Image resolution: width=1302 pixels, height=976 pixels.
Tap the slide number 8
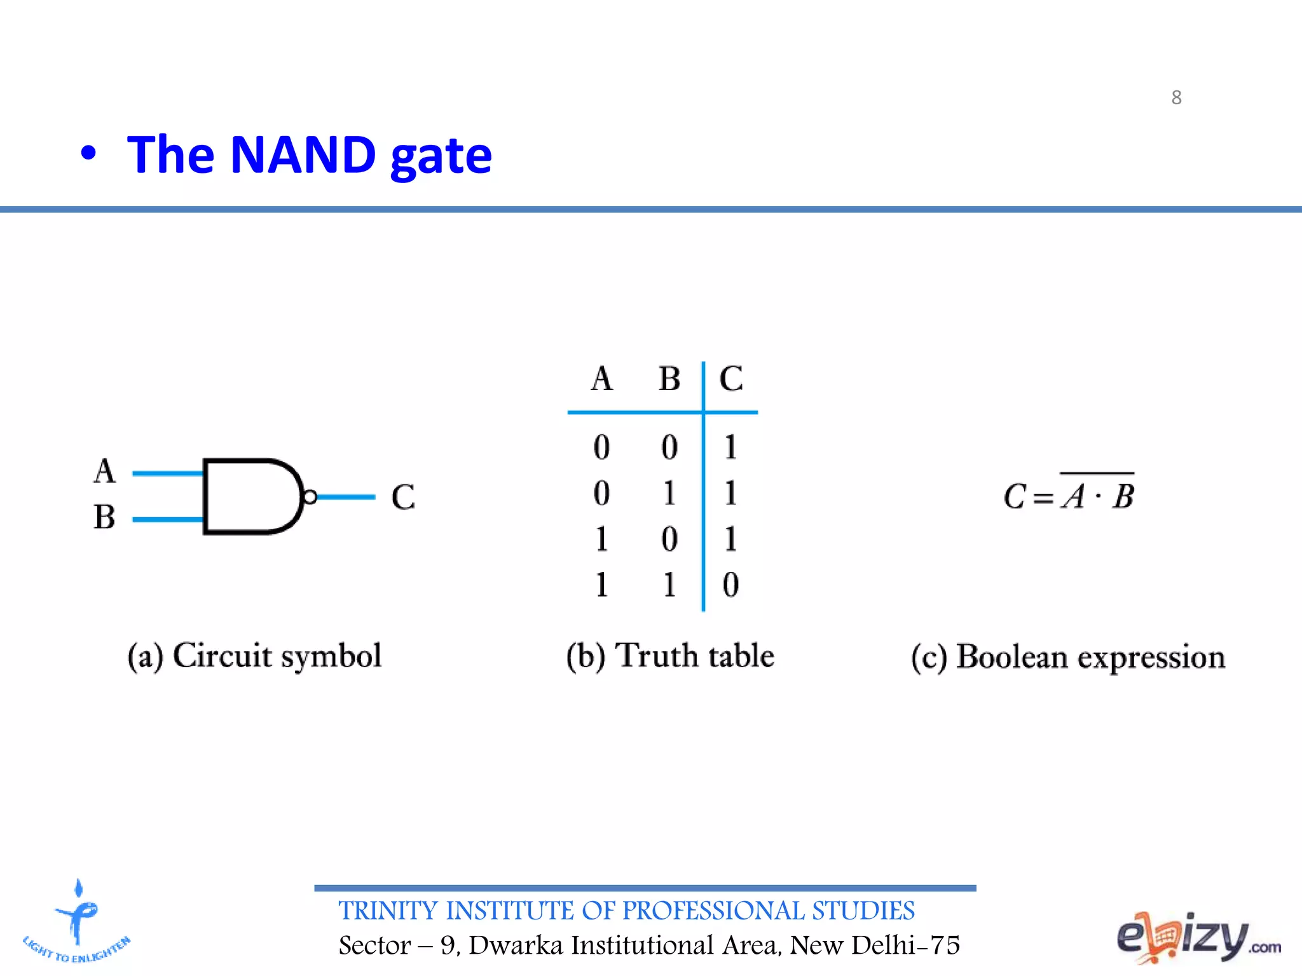(x=1176, y=97)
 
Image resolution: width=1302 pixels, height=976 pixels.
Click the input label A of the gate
(x=105, y=471)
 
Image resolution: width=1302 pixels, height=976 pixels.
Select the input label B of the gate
(x=105, y=517)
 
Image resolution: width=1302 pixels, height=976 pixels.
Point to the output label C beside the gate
(x=403, y=497)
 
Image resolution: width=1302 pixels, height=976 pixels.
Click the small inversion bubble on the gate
(x=310, y=497)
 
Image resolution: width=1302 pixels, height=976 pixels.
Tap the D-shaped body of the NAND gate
(x=248, y=496)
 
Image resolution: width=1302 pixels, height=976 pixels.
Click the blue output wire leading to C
(x=346, y=497)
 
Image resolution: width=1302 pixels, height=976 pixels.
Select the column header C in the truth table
(x=731, y=379)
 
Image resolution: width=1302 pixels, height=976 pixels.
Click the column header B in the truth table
(x=669, y=379)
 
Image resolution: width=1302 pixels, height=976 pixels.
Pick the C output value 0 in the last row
(x=730, y=585)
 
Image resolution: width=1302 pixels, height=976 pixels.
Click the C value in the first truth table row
(x=730, y=447)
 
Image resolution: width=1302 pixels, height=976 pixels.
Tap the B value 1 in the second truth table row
(x=669, y=493)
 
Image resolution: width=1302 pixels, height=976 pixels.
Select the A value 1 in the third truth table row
(x=601, y=539)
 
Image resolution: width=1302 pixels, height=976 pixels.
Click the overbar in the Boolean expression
(x=1097, y=473)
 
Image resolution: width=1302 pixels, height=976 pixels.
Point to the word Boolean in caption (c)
(x=1011, y=657)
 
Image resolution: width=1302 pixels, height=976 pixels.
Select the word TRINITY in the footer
(x=388, y=911)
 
